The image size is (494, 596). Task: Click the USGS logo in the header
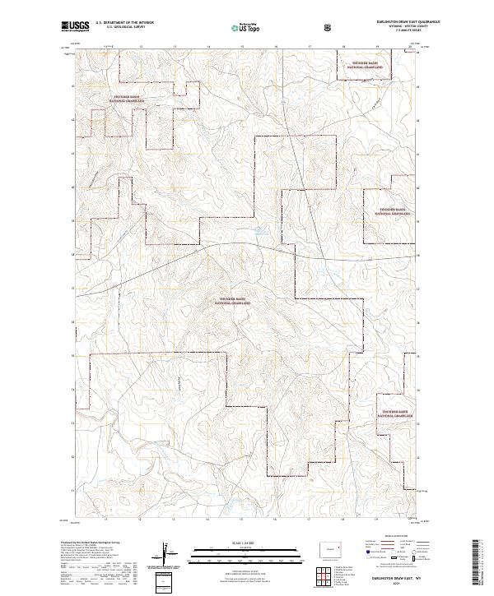click(76, 28)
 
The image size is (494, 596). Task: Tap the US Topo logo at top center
click(240, 28)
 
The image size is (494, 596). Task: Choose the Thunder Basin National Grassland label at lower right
click(395, 414)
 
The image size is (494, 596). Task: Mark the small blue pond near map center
click(257, 231)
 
